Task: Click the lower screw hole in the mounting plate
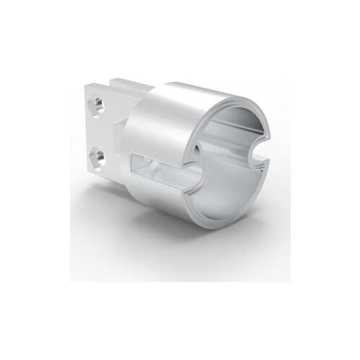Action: (98, 156)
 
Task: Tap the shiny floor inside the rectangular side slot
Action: (162, 176)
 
